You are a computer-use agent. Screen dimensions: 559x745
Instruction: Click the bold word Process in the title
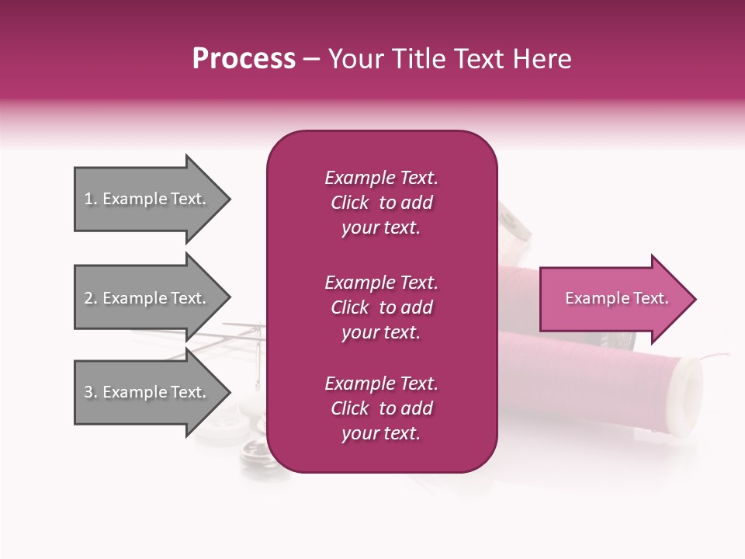[x=244, y=59]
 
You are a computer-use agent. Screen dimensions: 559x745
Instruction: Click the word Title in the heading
[x=415, y=59]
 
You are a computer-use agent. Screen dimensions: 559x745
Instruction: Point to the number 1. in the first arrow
[x=91, y=199]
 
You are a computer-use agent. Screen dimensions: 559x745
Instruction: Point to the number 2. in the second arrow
[x=91, y=298]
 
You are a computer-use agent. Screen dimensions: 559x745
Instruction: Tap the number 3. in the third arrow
[x=91, y=392]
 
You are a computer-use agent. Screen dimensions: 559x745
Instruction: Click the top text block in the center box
[x=381, y=203]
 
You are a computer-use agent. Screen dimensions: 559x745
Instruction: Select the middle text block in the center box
[x=381, y=307]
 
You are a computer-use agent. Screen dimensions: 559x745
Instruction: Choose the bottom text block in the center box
[x=381, y=408]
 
